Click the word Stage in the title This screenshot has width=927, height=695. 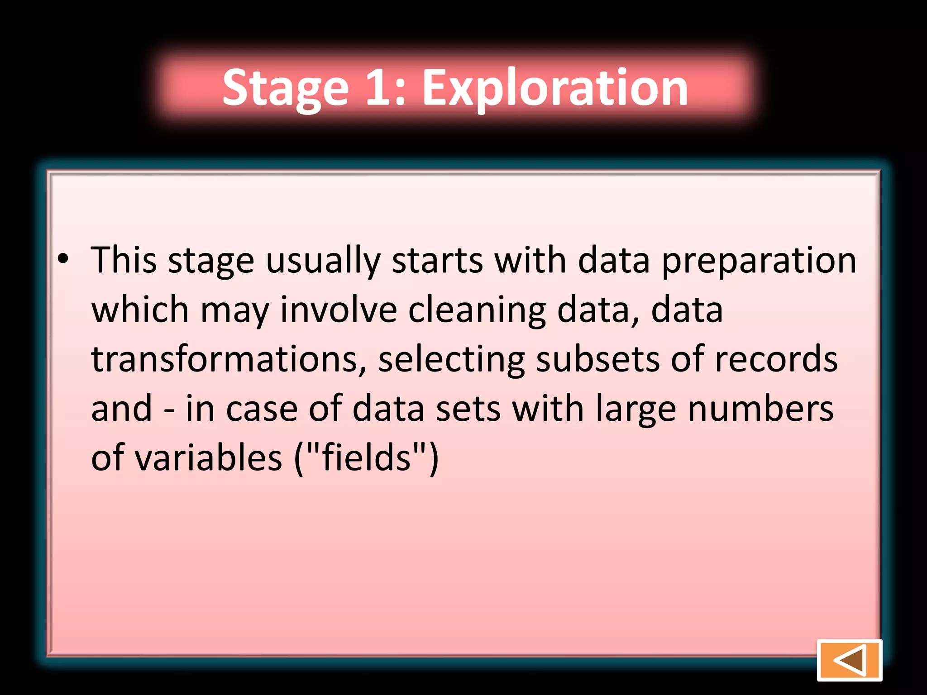click(x=286, y=88)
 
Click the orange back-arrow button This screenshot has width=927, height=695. click(x=849, y=660)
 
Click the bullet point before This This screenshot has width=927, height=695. click(x=63, y=259)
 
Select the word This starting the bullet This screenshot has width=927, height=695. click(x=124, y=261)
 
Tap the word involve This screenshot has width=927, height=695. click(x=339, y=310)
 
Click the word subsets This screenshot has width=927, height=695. click(x=597, y=359)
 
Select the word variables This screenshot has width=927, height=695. click(x=209, y=458)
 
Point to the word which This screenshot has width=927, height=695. click(x=140, y=310)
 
